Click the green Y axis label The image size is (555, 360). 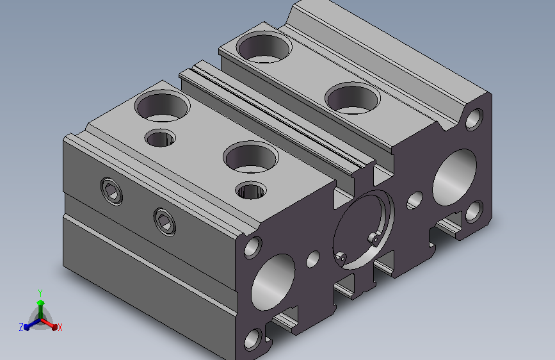[x=40, y=293]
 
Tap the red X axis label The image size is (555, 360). [x=60, y=327]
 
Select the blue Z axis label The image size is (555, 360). [x=21, y=327]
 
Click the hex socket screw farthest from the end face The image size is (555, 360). [x=112, y=192]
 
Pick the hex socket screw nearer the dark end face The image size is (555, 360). [x=165, y=222]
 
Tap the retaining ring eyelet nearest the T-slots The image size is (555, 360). [x=341, y=258]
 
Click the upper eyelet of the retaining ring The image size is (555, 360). [x=374, y=239]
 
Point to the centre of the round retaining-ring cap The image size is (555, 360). [x=363, y=229]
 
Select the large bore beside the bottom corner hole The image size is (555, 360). [x=273, y=282]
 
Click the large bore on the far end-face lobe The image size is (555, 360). [x=455, y=177]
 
